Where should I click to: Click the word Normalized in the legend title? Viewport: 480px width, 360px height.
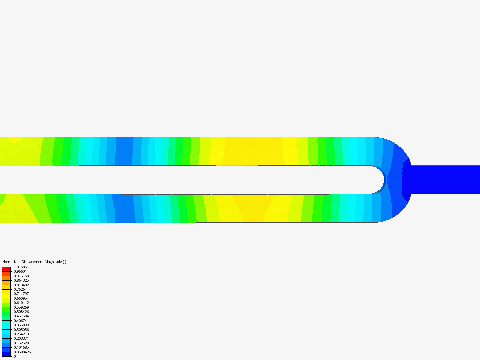pyautogui.click(x=11, y=262)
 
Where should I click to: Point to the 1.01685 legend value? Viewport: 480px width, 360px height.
pyautogui.click(x=20, y=267)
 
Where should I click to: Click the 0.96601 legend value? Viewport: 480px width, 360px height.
pyautogui.click(x=20, y=271)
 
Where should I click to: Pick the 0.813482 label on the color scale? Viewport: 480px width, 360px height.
pyautogui.click(x=21, y=285)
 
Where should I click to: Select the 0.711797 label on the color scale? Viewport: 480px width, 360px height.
pyautogui.click(x=21, y=294)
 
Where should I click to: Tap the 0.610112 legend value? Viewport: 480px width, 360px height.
pyautogui.click(x=21, y=303)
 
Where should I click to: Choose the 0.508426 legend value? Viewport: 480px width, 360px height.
pyautogui.click(x=21, y=312)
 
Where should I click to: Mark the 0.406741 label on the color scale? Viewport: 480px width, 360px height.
pyautogui.click(x=21, y=321)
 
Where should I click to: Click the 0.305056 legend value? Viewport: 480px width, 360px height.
pyautogui.click(x=21, y=330)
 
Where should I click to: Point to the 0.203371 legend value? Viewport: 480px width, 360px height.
pyautogui.click(x=21, y=338)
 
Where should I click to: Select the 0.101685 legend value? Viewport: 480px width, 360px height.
pyautogui.click(x=21, y=347)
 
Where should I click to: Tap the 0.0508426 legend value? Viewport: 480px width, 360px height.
pyautogui.click(x=22, y=352)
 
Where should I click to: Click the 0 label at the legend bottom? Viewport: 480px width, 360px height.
pyautogui.click(x=15, y=356)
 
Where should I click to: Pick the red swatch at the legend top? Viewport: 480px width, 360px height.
pyautogui.click(x=6, y=269)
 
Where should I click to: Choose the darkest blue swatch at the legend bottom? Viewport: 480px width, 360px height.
pyautogui.click(x=6, y=354)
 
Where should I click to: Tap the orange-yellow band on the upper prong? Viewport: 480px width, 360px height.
pyautogui.click(x=253, y=151)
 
